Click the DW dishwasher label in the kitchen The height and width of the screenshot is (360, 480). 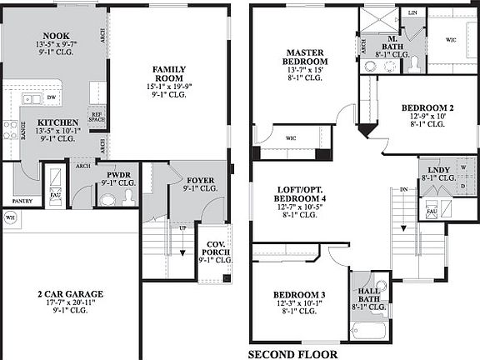click(52, 98)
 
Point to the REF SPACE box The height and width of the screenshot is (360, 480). click(97, 118)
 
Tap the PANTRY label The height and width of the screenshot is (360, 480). click(22, 201)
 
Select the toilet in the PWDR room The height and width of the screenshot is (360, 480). click(128, 197)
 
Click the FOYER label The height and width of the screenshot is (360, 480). click(200, 180)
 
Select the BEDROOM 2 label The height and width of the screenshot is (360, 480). click(427, 107)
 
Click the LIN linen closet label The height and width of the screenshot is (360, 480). click(412, 12)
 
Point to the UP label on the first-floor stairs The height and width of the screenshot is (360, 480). click(182, 227)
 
